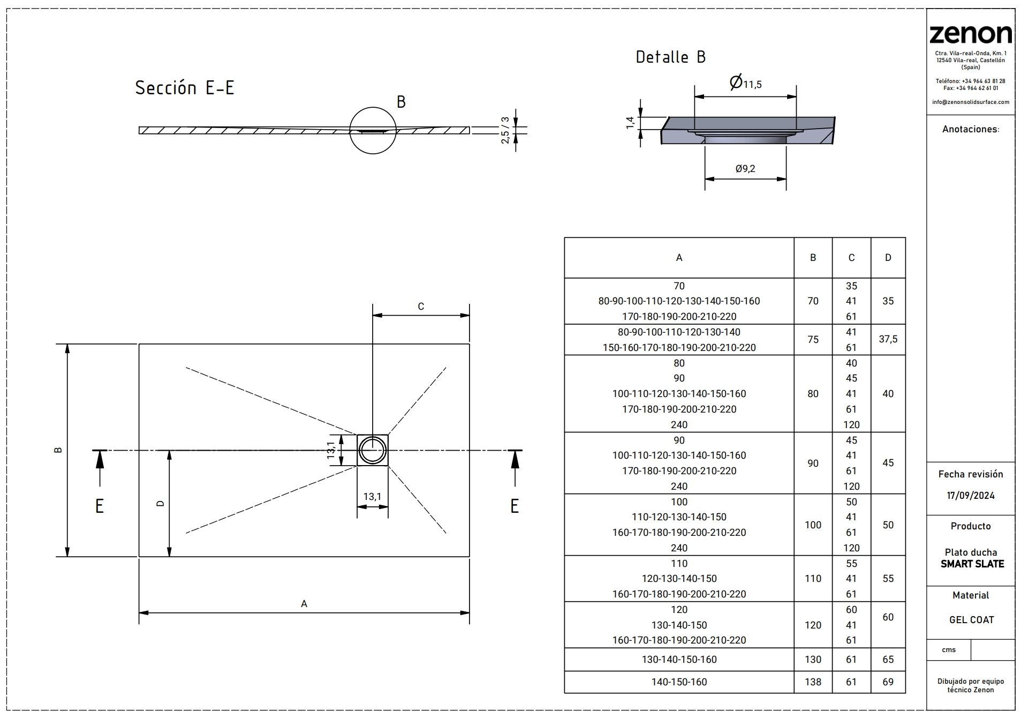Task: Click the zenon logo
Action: tap(970, 34)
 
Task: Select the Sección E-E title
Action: tap(185, 88)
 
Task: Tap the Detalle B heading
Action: tap(670, 57)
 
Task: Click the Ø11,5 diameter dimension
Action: tap(745, 83)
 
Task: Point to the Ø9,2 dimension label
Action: tap(745, 169)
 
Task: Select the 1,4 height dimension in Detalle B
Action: tap(631, 122)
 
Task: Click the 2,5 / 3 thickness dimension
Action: tap(504, 130)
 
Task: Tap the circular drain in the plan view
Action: tap(372, 450)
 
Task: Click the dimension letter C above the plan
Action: tap(421, 306)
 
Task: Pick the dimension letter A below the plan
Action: tap(304, 604)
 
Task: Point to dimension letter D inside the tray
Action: tap(160, 503)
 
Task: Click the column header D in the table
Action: tap(888, 258)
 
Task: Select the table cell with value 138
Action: tap(813, 682)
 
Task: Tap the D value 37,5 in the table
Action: tap(888, 339)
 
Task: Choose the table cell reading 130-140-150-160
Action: tap(679, 659)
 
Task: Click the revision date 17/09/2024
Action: tap(970, 496)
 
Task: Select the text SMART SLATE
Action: tap(972, 564)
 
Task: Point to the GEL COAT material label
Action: tap(971, 619)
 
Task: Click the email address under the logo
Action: tap(970, 102)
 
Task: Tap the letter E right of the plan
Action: tap(515, 506)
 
